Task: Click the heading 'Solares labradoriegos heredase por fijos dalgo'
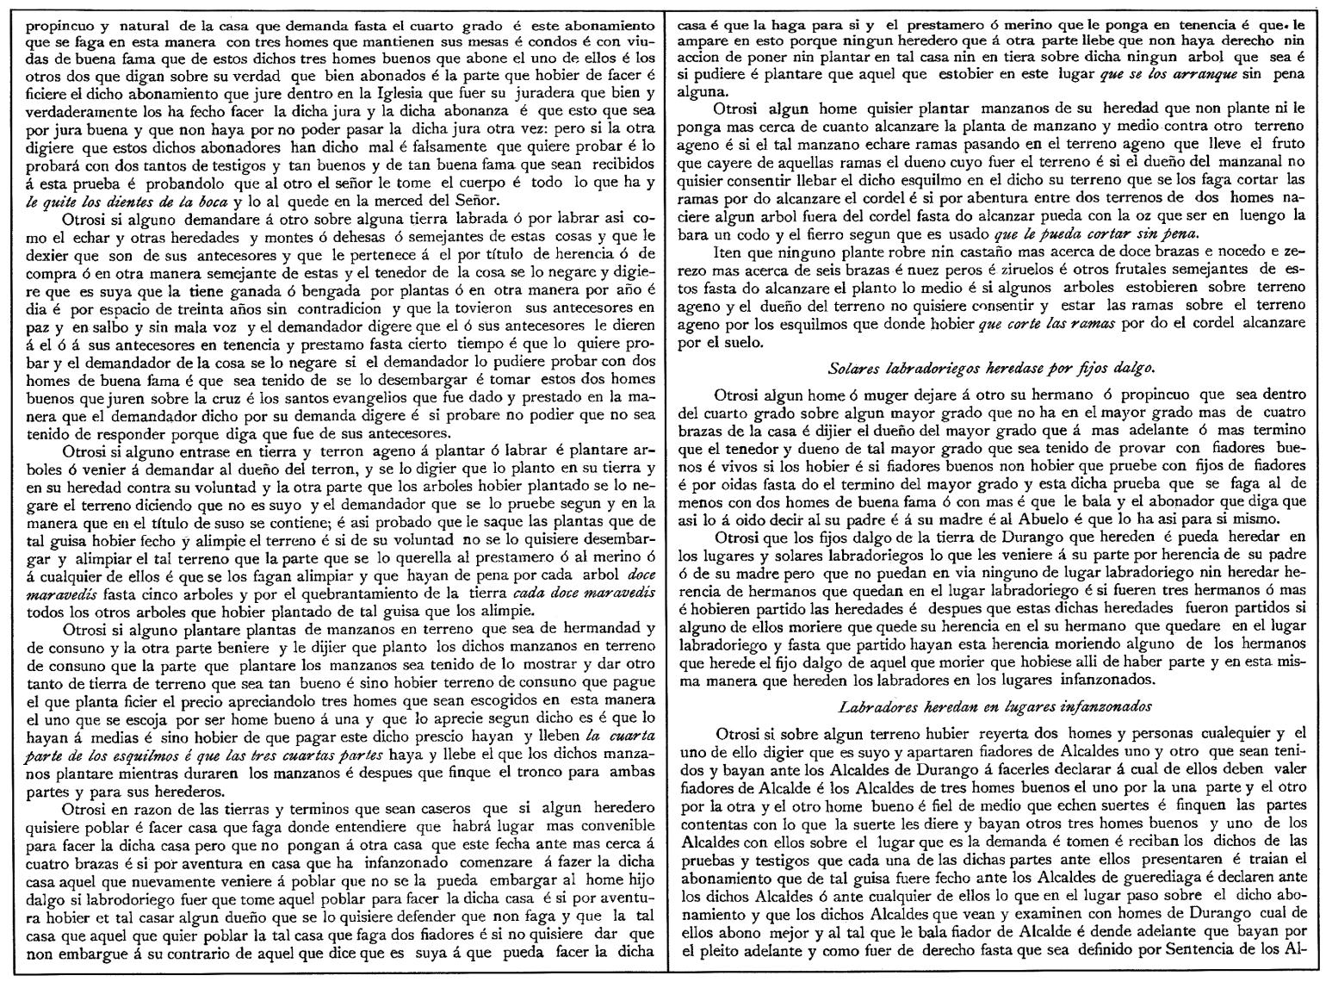tap(990, 369)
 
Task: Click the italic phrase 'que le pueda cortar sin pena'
tap(1109, 233)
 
